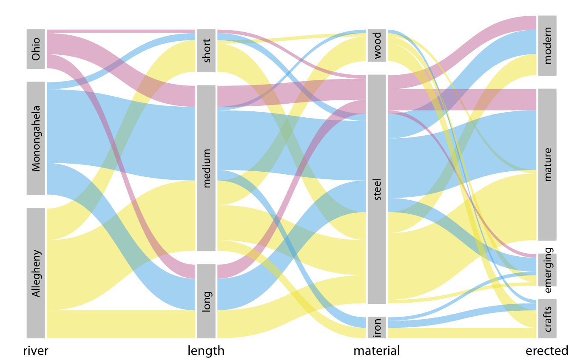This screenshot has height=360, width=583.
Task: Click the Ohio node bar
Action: coord(36,48)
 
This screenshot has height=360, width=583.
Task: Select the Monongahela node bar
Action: coord(36,138)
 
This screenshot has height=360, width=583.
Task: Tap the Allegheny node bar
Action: coord(36,273)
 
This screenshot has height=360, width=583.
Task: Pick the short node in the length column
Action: coord(206,51)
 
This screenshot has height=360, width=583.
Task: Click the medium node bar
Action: coord(206,168)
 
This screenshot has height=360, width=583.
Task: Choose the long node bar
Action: coord(206,301)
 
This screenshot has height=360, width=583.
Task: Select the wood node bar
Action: coord(377,45)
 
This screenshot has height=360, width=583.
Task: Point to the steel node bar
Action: coord(377,189)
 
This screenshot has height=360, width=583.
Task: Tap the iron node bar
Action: coord(377,327)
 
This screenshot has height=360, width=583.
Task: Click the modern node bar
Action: coord(547,45)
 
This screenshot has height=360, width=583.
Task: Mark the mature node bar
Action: coord(547,164)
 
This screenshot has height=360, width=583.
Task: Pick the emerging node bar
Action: coord(547,270)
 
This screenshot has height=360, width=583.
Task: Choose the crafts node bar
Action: coord(547,319)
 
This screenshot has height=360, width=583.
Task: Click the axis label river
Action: coord(36,351)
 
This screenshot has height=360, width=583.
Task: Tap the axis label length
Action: coord(206,351)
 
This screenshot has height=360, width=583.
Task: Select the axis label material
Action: coord(377,351)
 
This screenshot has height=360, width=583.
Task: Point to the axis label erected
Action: coord(547,351)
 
